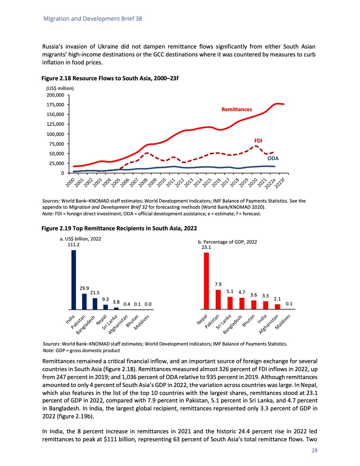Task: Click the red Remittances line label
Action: click(236, 109)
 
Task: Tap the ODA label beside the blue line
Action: click(273, 158)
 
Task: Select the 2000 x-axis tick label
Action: click(70, 181)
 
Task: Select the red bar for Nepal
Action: click(206, 280)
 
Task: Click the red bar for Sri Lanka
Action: click(230, 303)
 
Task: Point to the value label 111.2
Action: click(73, 244)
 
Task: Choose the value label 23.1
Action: click(206, 248)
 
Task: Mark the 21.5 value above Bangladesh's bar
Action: click(95, 292)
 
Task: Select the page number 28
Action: click(314, 451)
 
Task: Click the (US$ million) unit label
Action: click(60, 88)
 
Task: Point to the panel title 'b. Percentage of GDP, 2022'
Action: click(228, 242)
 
